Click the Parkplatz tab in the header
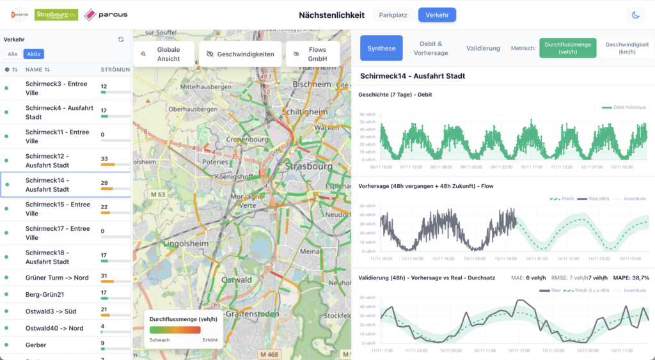click(x=393, y=15)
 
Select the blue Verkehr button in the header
click(x=437, y=15)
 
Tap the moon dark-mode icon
click(x=636, y=15)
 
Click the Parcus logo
click(x=106, y=15)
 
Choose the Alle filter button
click(x=13, y=54)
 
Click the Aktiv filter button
click(x=34, y=54)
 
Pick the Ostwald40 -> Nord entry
click(x=54, y=328)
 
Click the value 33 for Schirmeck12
click(x=104, y=159)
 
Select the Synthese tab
click(x=381, y=48)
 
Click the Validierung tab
click(x=483, y=48)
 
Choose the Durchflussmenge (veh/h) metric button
click(x=568, y=48)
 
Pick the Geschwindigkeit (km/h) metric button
click(x=627, y=48)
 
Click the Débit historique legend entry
click(x=624, y=107)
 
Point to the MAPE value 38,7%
click(x=636, y=278)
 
